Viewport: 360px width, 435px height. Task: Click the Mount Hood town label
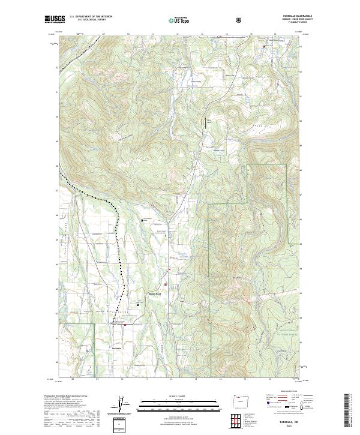tap(155, 293)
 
